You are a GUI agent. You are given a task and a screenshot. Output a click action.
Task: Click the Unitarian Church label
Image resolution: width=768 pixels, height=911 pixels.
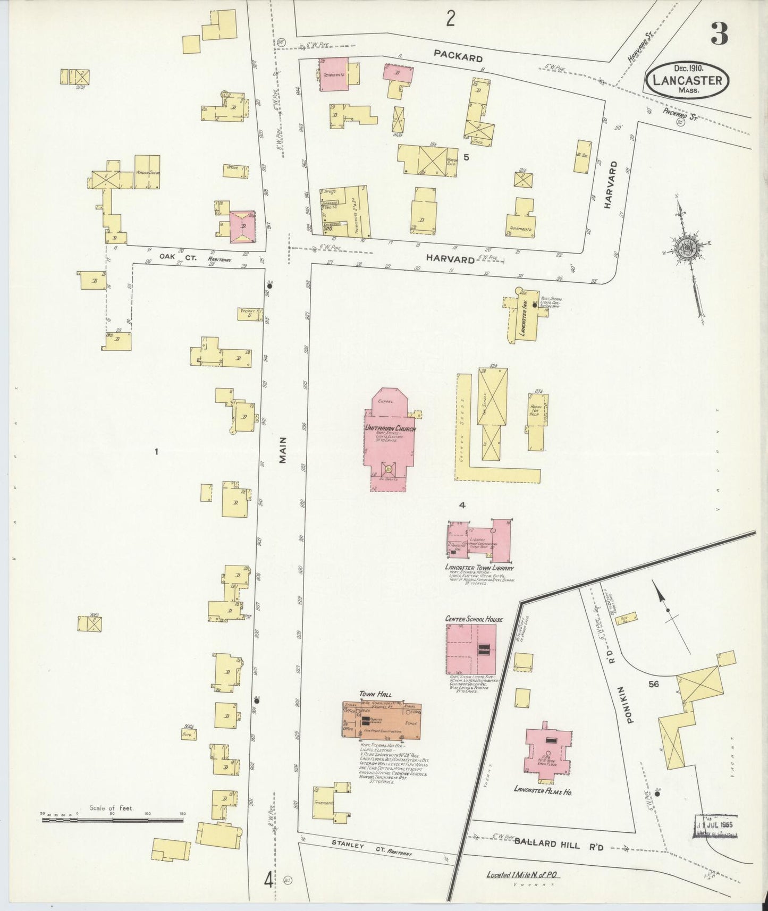tap(390, 428)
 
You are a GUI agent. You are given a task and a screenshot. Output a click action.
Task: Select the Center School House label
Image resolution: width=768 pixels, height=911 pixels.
tap(474, 619)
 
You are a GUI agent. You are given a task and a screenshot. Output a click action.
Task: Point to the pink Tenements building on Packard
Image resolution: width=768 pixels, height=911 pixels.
tap(334, 74)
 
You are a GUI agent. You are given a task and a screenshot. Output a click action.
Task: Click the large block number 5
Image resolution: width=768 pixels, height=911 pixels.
tap(466, 157)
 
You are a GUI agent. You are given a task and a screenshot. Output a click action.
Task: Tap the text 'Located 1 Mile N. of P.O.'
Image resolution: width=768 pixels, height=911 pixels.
tap(524, 875)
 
